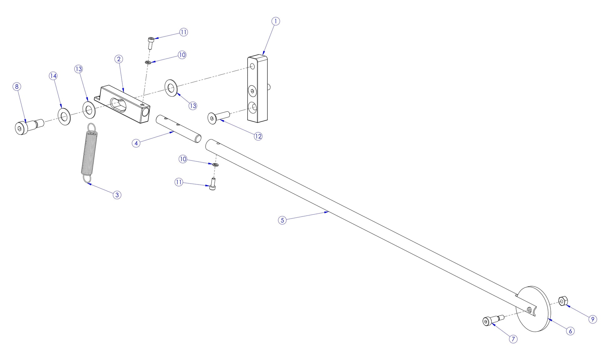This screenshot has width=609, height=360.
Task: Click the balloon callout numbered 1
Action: tap(275, 21)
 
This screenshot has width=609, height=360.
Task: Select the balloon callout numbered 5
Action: tap(282, 220)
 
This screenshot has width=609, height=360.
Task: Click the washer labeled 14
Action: tap(64, 117)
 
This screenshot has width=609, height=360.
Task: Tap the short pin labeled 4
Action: tap(178, 129)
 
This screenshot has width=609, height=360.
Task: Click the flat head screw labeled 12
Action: tap(218, 117)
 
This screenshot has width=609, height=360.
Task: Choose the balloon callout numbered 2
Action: tap(118, 59)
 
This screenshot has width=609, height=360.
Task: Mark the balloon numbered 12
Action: tap(258, 136)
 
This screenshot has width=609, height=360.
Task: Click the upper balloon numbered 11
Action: tap(183, 32)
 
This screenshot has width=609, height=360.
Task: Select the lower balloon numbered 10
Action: tap(183, 159)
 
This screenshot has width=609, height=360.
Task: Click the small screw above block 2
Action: tap(151, 42)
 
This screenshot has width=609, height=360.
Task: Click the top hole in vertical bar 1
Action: tap(252, 66)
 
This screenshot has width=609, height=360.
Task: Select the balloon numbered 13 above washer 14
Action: tap(79, 69)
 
